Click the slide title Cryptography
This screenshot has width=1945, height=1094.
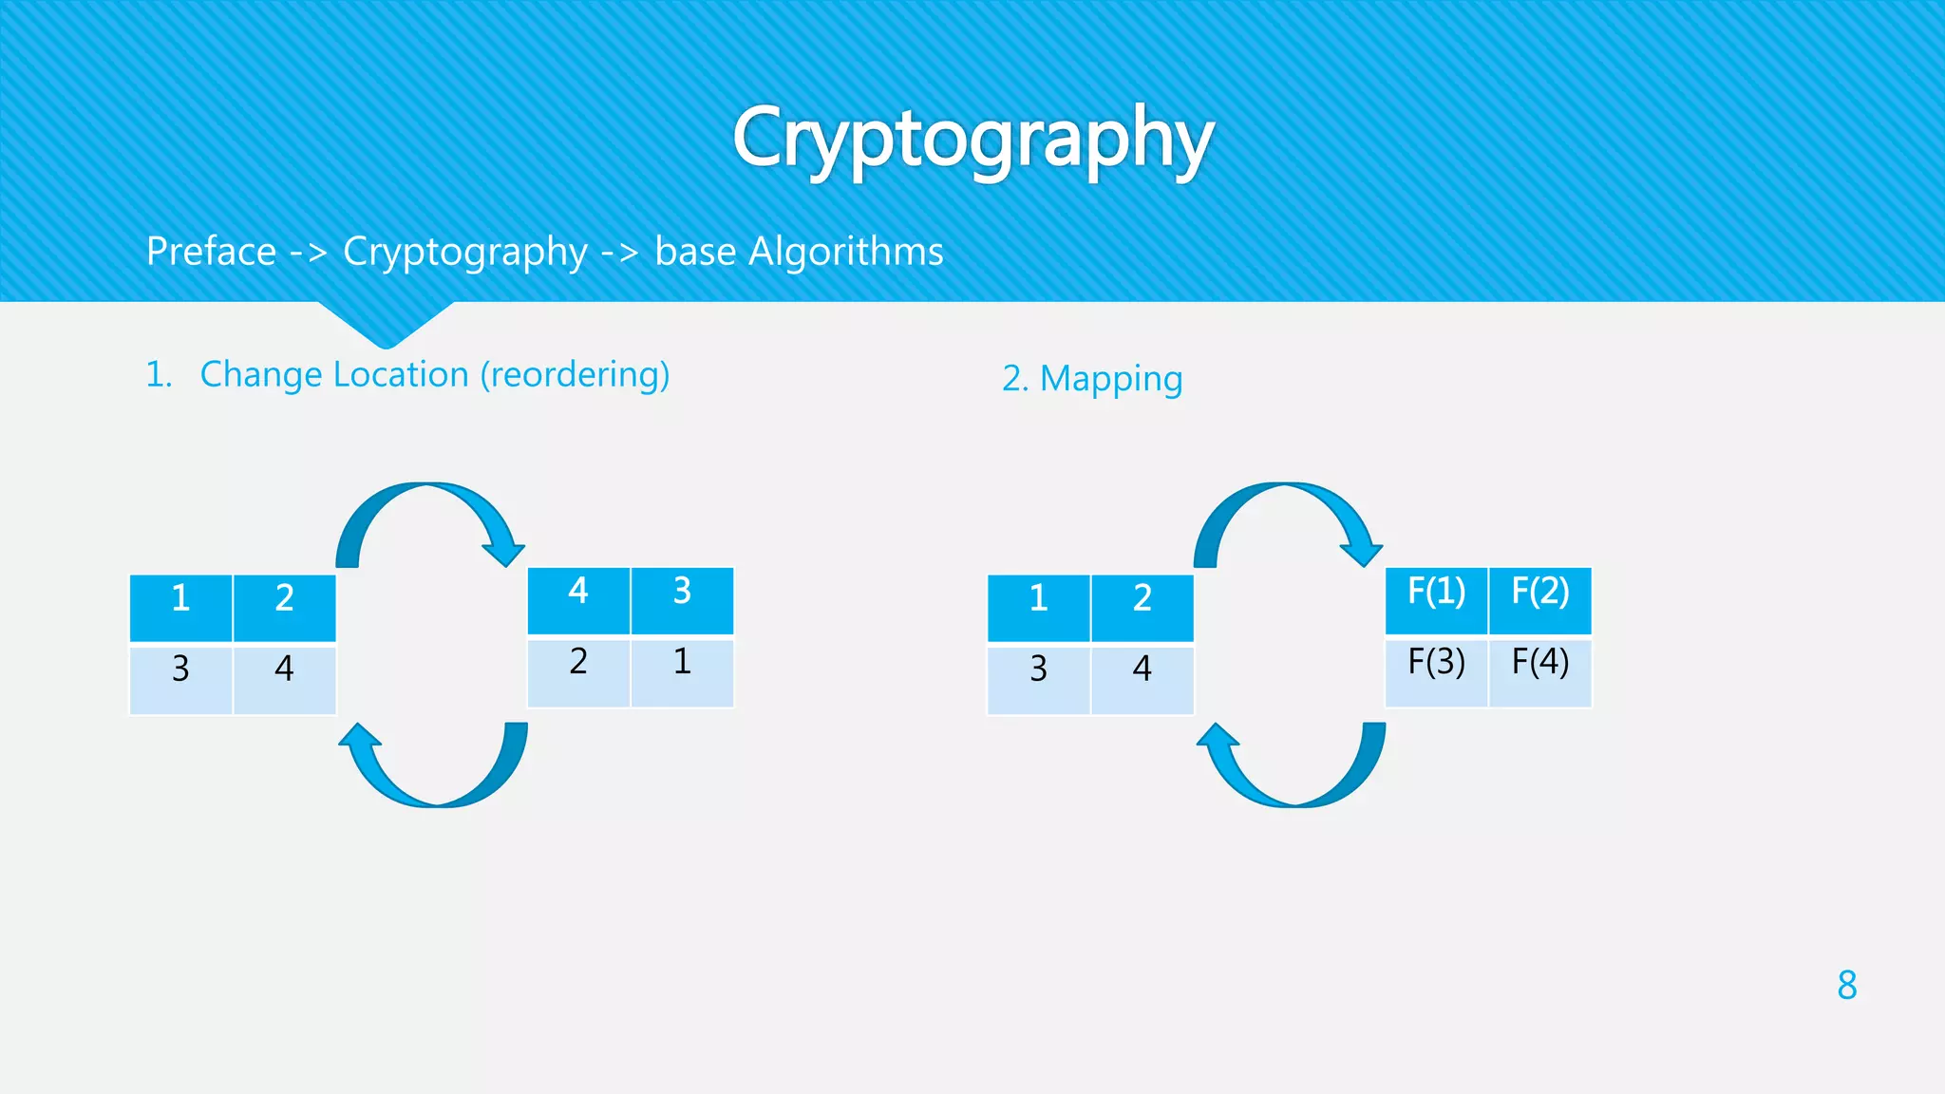pyautogui.click(x=972, y=139)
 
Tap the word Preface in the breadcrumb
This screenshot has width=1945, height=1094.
pyautogui.click(x=211, y=252)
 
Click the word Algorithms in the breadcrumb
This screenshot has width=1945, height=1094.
pyautogui.click(x=845, y=252)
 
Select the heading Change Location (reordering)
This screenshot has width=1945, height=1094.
pyautogui.click(x=434, y=375)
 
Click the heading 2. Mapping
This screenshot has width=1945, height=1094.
pyautogui.click(x=1092, y=379)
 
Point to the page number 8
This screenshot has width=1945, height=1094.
pyautogui.click(x=1846, y=985)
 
